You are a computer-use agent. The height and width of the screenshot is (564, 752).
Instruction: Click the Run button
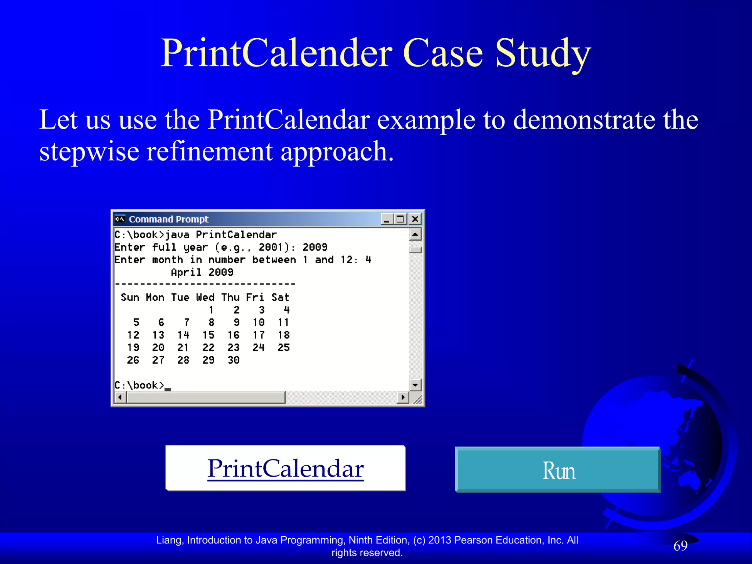pyautogui.click(x=558, y=470)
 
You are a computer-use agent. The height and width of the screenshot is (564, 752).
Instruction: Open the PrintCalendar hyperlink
pyautogui.click(x=285, y=469)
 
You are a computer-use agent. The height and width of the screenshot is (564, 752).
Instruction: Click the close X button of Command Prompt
pyautogui.click(x=415, y=219)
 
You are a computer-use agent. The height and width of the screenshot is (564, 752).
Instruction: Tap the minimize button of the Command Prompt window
pyautogui.click(x=387, y=219)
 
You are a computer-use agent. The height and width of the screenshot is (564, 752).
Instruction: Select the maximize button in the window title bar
pyautogui.click(x=400, y=219)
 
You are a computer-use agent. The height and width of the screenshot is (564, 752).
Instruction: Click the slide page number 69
pyautogui.click(x=680, y=546)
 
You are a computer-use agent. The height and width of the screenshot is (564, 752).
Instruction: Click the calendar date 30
pyautogui.click(x=234, y=360)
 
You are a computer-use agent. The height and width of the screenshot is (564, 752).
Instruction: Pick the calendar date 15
pyautogui.click(x=208, y=335)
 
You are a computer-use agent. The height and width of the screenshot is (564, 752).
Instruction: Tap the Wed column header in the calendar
pyautogui.click(x=205, y=297)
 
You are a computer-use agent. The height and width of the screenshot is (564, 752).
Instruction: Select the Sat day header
pyautogui.click(x=280, y=297)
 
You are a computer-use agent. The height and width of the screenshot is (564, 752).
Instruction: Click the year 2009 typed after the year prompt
pyautogui.click(x=315, y=247)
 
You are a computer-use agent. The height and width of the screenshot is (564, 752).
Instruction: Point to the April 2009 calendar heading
pyautogui.click(x=202, y=272)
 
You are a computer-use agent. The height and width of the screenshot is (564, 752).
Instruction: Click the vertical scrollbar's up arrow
pyautogui.click(x=415, y=234)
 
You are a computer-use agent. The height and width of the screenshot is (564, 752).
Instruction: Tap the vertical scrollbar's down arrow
pyautogui.click(x=415, y=385)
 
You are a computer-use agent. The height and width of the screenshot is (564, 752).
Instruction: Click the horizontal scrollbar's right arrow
pyautogui.click(x=403, y=397)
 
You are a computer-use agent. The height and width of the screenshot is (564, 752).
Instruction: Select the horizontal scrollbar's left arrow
pyautogui.click(x=120, y=397)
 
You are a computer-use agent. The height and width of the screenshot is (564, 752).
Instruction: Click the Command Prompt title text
pyautogui.click(x=169, y=219)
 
